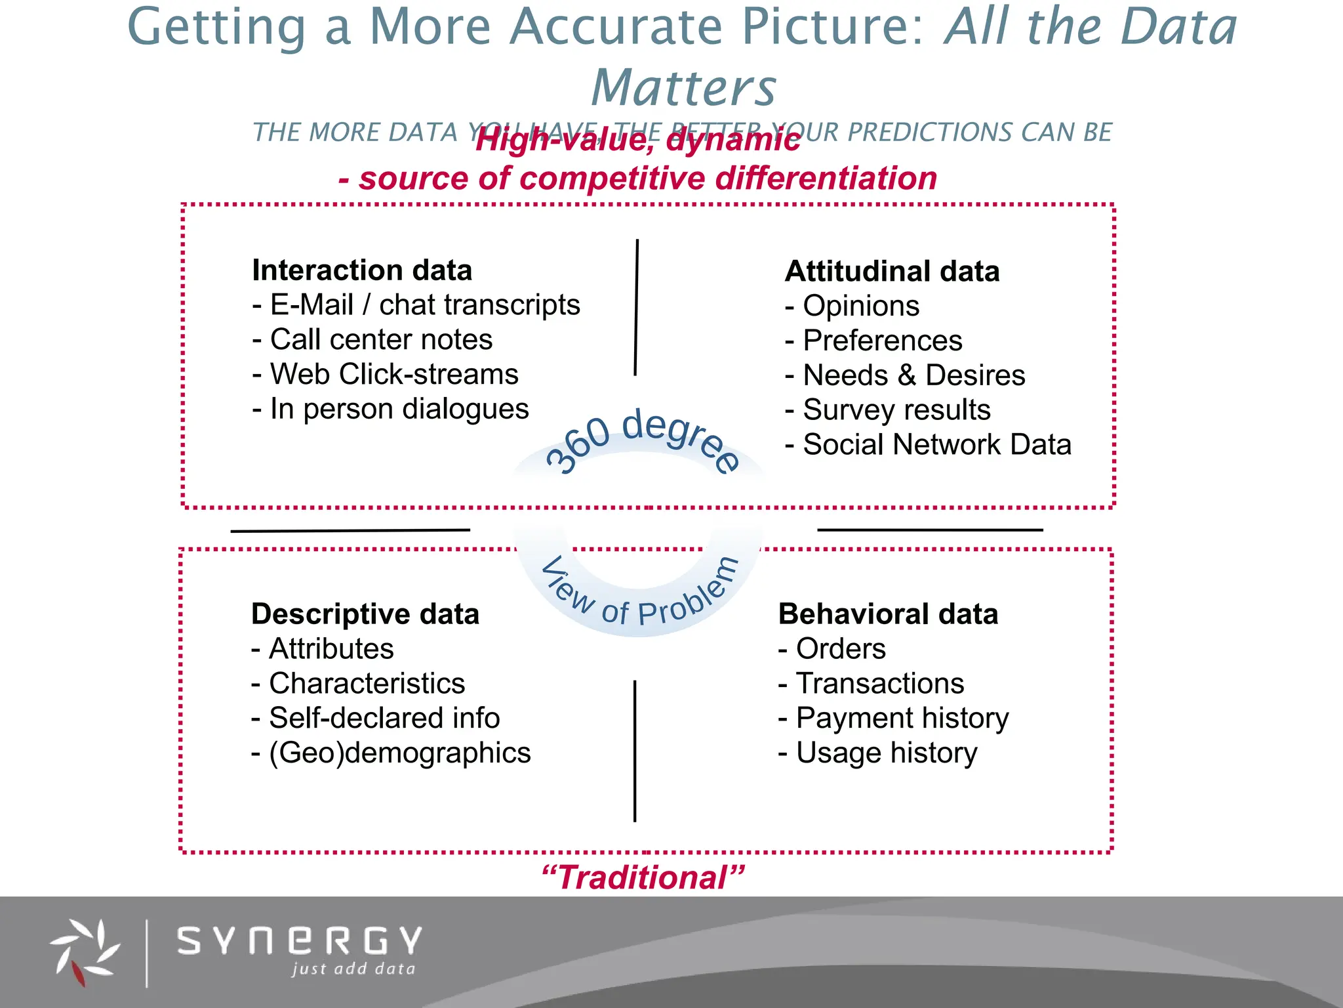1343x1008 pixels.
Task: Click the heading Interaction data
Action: [x=362, y=270]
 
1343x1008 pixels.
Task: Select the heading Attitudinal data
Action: [x=892, y=272]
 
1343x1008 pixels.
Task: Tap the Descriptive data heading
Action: [x=365, y=614]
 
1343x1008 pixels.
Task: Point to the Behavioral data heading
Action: [x=888, y=614]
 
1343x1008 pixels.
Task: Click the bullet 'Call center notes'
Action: [x=380, y=340]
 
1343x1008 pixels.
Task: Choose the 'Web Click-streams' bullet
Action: [x=393, y=375]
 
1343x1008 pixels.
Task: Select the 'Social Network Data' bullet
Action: [x=936, y=445]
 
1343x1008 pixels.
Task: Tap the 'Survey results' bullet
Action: [x=896, y=410]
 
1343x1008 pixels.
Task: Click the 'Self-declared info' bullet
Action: [x=384, y=718]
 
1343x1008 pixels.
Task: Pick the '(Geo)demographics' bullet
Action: [x=399, y=753]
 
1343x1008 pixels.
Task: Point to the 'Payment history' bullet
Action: [x=902, y=718]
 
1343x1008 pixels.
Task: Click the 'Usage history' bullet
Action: [x=886, y=753]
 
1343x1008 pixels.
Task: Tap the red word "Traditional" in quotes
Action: [x=643, y=878]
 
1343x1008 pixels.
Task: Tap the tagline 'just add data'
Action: [x=353, y=969]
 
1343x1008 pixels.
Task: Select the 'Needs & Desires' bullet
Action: [x=913, y=375]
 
